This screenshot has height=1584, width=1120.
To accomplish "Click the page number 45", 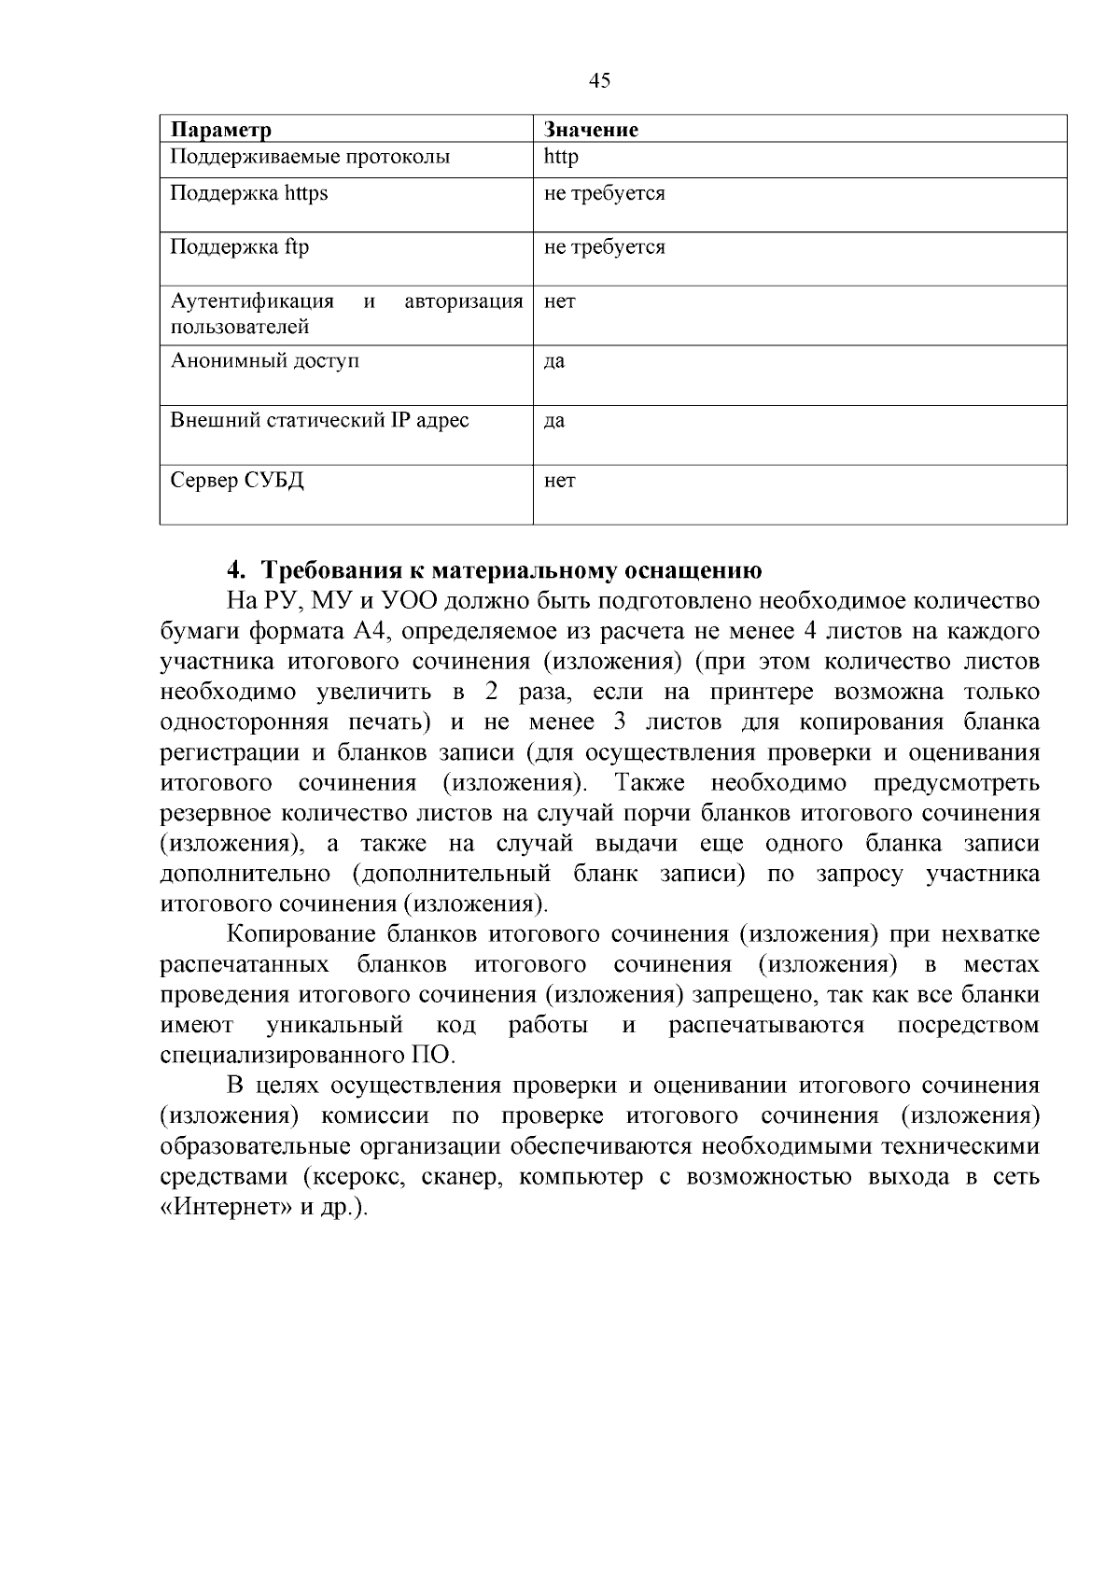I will point(600,80).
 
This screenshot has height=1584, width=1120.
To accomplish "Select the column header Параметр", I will point(221,130).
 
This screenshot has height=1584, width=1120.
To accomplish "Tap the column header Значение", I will point(591,130).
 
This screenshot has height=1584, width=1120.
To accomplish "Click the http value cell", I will point(561,157).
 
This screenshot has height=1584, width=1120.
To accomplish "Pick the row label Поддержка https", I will point(249,193).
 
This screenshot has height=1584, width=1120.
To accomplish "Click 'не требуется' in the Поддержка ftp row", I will point(604,247).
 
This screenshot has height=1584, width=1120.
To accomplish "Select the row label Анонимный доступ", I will point(265,360).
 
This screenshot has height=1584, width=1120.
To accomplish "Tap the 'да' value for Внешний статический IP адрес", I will point(554,421).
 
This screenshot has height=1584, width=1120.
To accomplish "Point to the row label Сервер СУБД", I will point(237,481).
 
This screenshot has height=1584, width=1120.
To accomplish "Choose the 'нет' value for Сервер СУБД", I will point(560,481).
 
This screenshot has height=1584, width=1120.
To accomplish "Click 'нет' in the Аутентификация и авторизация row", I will point(560,301).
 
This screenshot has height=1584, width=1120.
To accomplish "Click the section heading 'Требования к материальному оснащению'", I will point(511,569).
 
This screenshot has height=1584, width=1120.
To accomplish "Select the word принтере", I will point(762,693).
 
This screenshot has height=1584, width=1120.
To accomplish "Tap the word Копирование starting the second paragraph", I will point(301,934).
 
